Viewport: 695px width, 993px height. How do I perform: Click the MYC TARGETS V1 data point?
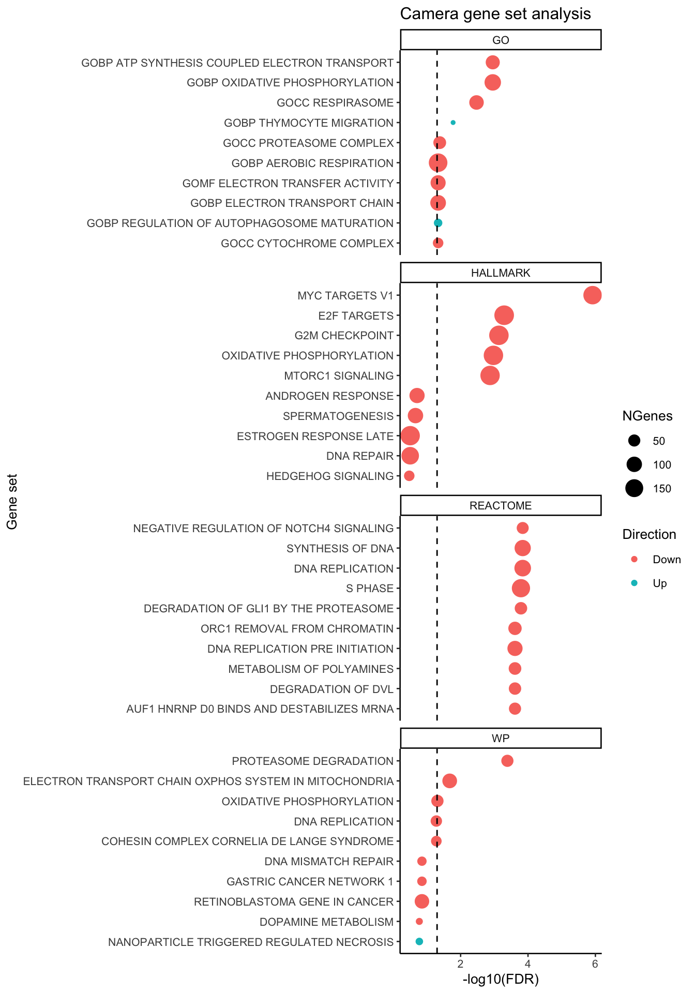(592, 295)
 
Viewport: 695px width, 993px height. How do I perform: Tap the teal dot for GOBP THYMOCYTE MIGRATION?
(453, 123)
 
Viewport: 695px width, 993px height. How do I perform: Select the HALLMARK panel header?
(501, 273)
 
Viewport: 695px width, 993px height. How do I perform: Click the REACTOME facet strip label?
(501, 505)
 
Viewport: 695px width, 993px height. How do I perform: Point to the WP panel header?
(501, 738)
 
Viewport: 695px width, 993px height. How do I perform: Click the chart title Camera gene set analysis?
(495, 14)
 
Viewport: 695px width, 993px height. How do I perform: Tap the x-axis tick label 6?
(595, 964)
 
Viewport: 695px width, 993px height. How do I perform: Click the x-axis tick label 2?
(460, 964)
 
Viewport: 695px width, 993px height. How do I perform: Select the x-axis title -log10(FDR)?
(501, 979)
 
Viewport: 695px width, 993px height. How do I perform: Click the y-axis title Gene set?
(12, 502)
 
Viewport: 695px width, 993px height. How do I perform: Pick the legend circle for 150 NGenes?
(634, 488)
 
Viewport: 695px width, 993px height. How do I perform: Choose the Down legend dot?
(634, 559)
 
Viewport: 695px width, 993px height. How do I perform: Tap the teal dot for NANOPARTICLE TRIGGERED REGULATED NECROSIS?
(419, 941)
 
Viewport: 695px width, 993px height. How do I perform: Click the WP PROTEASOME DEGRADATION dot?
(507, 761)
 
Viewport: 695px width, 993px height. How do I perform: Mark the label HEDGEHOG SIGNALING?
(330, 476)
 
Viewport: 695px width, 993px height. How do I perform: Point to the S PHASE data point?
(521, 588)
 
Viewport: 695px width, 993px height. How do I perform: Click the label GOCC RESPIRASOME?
(335, 102)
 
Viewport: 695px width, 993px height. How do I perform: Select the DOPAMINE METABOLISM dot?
(419, 921)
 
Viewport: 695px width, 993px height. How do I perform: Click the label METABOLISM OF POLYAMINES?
(311, 669)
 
